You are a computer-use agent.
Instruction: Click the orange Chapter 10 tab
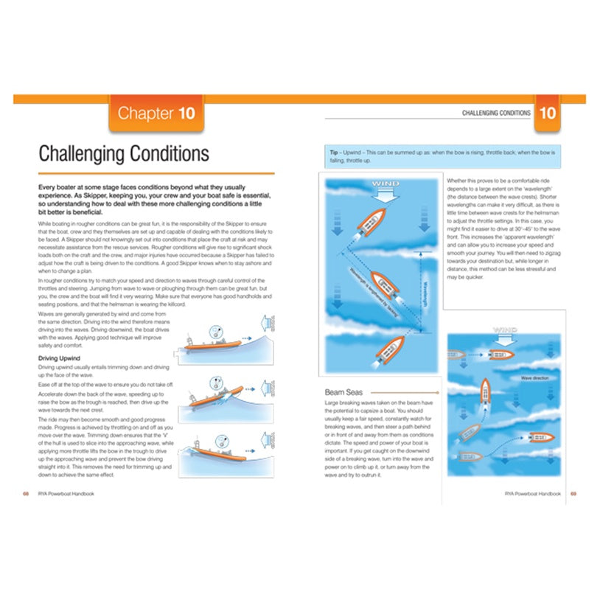(156, 114)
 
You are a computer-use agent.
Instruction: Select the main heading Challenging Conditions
(124, 154)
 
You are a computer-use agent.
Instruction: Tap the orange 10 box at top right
(548, 114)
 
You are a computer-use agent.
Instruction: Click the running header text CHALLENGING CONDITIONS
(496, 114)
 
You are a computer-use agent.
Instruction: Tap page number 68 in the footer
(26, 493)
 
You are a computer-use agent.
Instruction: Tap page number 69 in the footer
(573, 493)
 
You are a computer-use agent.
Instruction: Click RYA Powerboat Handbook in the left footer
(66, 493)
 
